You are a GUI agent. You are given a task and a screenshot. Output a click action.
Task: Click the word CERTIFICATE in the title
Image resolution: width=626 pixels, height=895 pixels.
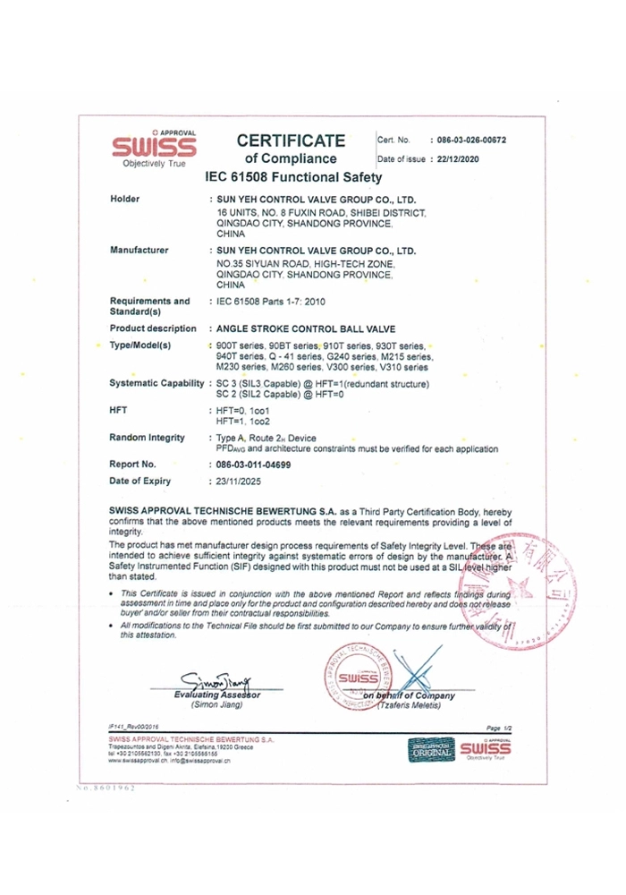pos(290,141)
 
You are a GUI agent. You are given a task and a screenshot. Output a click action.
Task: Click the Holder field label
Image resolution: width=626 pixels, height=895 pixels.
pos(123,199)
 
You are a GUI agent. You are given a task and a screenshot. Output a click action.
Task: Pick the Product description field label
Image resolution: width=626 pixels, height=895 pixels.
pos(152,328)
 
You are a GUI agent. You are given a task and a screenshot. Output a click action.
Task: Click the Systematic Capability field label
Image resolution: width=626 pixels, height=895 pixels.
pos(156,383)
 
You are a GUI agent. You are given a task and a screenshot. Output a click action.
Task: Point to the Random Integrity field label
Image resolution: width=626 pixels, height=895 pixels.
pos(147,437)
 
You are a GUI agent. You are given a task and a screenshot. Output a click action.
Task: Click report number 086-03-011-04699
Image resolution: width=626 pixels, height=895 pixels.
pos(261,465)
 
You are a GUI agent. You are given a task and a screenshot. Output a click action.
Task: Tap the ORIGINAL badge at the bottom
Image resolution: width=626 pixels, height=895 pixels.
pos(427,749)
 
